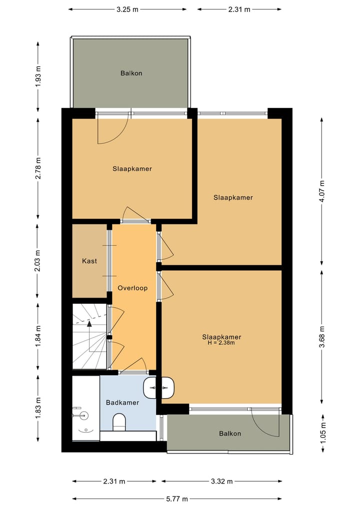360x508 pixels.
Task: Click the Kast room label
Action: click(89, 261)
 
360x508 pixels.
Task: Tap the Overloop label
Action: click(132, 288)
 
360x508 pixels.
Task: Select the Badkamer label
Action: click(122, 403)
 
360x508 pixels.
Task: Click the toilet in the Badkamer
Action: click(119, 422)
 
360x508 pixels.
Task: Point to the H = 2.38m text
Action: click(221, 343)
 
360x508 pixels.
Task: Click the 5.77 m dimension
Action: click(177, 499)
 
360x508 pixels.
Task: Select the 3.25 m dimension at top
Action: click(127, 9)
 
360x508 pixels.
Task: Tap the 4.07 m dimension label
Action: click(321, 191)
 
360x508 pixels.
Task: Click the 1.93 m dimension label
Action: click(38, 76)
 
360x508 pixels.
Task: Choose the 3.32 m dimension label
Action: click(222, 481)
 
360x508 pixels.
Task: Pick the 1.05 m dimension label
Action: click(322, 433)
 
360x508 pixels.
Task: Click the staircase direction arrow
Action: click(89, 335)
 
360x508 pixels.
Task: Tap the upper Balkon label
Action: click(131, 73)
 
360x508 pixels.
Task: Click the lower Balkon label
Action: click(230, 434)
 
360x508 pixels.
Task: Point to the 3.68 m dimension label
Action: click(321, 336)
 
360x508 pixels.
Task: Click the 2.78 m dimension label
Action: click(38, 168)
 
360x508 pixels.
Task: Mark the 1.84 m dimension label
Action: click(38, 336)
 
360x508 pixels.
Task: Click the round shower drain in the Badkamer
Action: click(83, 415)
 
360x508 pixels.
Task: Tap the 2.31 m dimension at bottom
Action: click(114, 481)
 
